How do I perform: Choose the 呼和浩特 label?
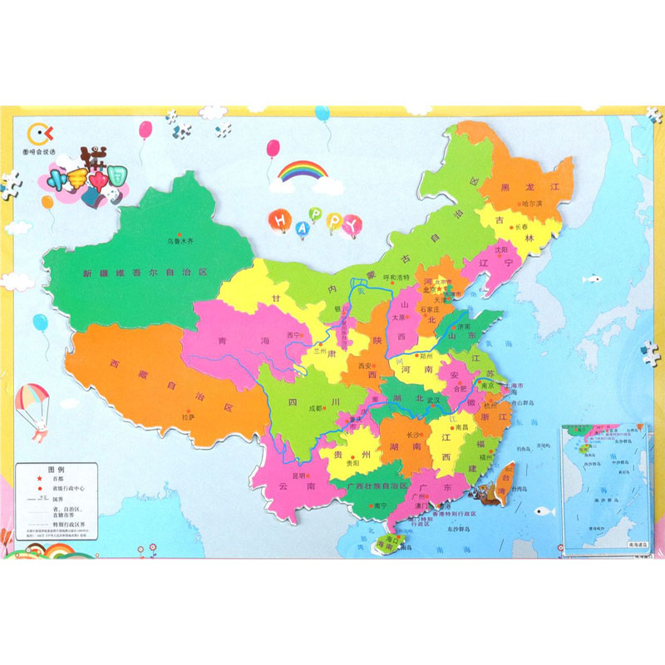[x=397, y=277]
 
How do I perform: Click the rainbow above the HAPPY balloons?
[x=303, y=172]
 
